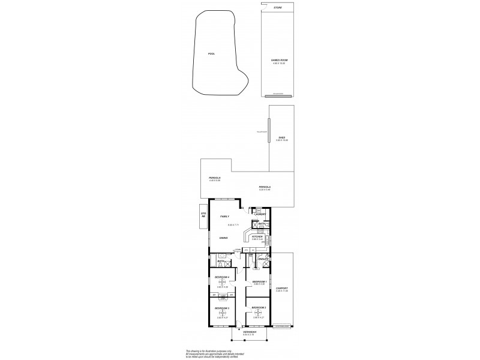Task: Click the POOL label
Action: [211, 54]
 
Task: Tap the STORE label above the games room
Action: [277, 7]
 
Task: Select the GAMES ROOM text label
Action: [277, 61]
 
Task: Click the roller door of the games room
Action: [277, 94]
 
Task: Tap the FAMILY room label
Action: [224, 216]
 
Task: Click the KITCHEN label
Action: [257, 236]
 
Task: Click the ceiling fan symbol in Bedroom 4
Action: [222, 282]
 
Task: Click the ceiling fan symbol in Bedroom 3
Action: [222, 313]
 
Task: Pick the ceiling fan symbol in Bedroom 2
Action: [258, 313]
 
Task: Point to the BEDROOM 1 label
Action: [259, 281]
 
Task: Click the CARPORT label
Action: [281, 288]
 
